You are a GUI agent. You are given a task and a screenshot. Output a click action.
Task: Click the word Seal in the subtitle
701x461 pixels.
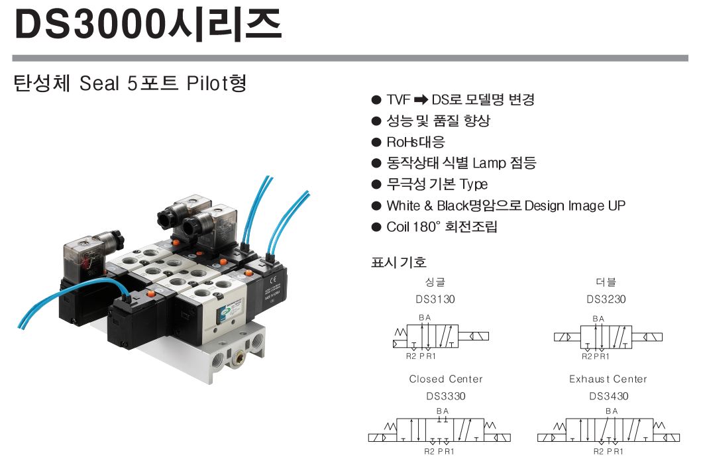(99, 83)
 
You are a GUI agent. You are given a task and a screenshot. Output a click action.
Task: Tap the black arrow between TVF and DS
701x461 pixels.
(421, 99)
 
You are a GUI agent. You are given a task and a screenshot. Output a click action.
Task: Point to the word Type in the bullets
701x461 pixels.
(474, 185)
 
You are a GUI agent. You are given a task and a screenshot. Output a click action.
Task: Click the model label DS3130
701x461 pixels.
(435, 299)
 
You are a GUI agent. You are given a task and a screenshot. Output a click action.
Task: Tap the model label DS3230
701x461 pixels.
(606, 299)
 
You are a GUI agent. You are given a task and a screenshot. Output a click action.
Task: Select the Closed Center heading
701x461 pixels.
(446, 380)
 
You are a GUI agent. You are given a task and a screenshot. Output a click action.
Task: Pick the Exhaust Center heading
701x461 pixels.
(608, 380)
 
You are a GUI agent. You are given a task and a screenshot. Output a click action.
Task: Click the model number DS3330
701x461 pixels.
(446, 396)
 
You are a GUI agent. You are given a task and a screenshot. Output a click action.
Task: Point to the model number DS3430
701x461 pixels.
(608, 396)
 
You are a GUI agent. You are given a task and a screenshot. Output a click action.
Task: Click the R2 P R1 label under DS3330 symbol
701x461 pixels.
(439, 452)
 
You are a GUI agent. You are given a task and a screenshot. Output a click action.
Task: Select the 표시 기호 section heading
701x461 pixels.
(398, 262)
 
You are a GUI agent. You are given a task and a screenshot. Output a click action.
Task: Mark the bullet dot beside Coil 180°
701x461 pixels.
(376, 227)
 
